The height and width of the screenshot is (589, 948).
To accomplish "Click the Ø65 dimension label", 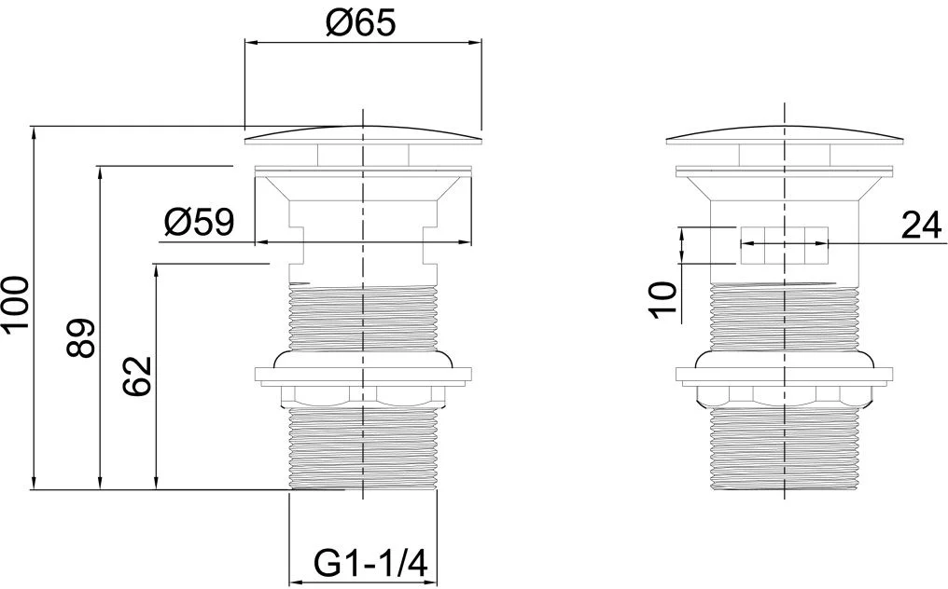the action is pos(360,23).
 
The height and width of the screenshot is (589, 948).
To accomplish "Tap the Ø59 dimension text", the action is pos(199,223).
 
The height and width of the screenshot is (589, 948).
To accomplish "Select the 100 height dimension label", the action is pos(15,304).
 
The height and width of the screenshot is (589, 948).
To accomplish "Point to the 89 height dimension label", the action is pos(80,338).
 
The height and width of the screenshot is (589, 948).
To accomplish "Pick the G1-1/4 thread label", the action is pos(370,564).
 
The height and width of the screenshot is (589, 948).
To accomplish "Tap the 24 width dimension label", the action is pos(921,226).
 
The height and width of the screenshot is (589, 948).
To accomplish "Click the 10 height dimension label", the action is pos(662,298).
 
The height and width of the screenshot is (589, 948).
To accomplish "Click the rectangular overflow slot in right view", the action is pos(784,245).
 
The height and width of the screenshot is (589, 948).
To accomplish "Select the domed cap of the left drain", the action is pos(364,136).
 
